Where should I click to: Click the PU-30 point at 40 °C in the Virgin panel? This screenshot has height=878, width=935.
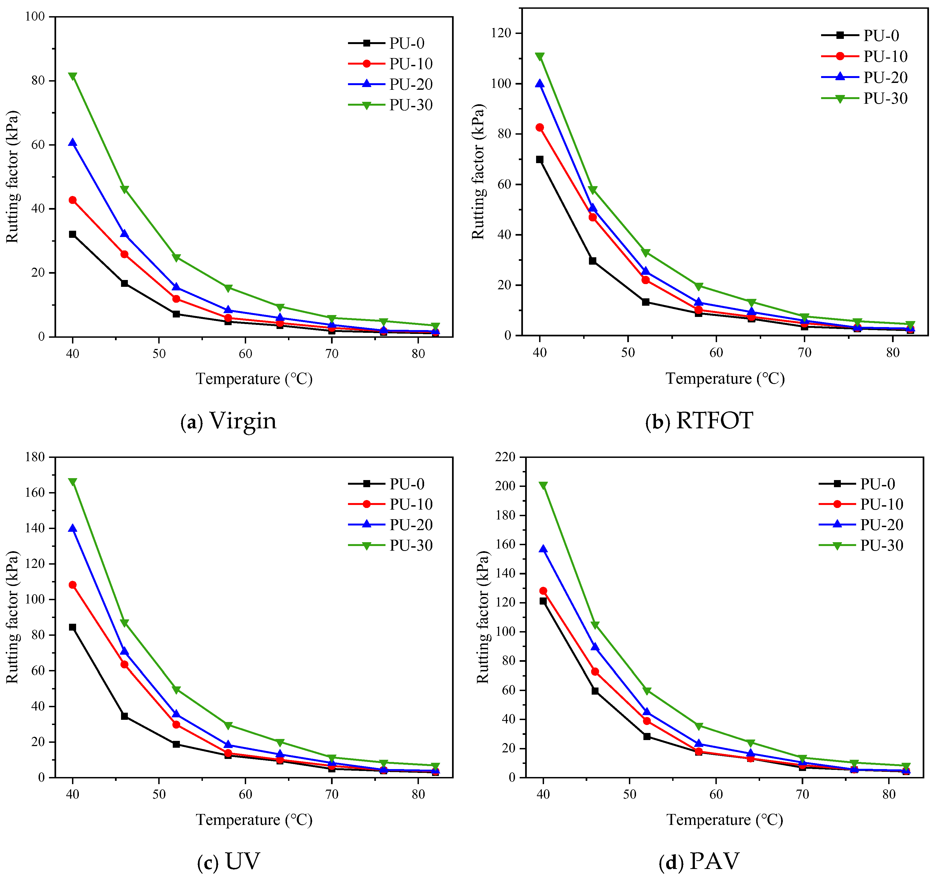tap(73, 76)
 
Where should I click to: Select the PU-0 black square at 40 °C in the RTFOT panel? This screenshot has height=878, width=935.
tap(539, 159)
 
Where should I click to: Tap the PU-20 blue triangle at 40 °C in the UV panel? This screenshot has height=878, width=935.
tap(73, 528)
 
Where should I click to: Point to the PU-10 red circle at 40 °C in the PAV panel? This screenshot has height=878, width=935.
tap(543, 591)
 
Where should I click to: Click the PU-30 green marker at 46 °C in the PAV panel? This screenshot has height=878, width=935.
tap(595, 625)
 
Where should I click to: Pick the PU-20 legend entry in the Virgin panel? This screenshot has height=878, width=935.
tap(390, 84)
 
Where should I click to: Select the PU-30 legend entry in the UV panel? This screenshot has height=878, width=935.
tap(390, 545)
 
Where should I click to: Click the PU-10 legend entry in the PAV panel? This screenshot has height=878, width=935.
tap(861, 504)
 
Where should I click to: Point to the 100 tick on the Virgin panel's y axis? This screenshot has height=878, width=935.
tap(35, 16)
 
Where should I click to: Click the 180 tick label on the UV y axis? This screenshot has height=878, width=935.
tap(35, 457)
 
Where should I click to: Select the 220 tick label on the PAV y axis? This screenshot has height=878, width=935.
tap(505, 457)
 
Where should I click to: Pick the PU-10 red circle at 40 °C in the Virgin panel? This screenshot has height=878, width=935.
tap(73, 200)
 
